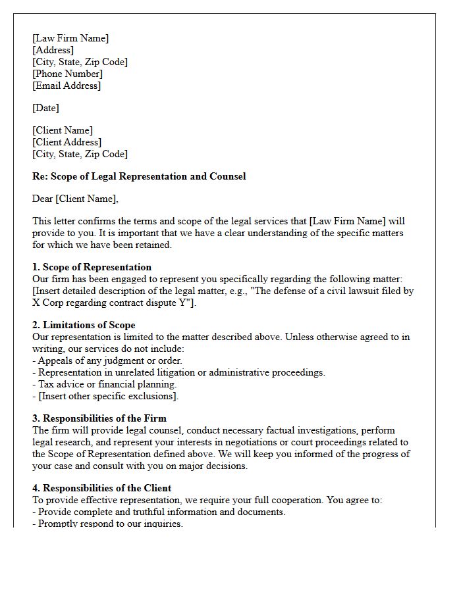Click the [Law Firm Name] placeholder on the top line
click(70, 38)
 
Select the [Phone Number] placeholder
click(67, 74)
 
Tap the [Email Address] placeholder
click(67, 86)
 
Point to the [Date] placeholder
click(45, 108)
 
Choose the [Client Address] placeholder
click(67, 142)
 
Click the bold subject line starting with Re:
click(139, 176)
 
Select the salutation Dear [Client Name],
click(75, 199)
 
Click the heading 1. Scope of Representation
click(92, 267)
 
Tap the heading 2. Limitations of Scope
click(84, 325)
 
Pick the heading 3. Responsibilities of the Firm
click(99, 418)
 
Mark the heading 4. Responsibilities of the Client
click(101, 488)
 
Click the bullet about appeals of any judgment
click(107, 360)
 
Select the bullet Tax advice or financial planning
click(104, 384)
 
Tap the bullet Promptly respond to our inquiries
click(107, 524)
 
